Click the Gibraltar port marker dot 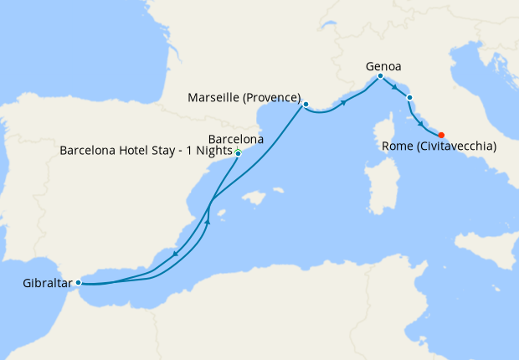pyautogui.click(x=79, y=282)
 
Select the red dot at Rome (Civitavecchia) pyautogui.click(x=441, y=135)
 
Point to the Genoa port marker pyautogui.click(x=381, y=76)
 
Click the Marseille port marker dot pyautogui.click(x=306, y=105)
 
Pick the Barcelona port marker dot pyautogui.click(x=239, y=153)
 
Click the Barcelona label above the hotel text pyautogui.click(x=236, y=139)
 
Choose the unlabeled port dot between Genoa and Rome pyautogui.click(x=409, y=98)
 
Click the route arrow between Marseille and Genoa pyautogui.click(x=343, y=102)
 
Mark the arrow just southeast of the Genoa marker pyautogui.click(x=394, y=86)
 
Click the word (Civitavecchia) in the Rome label pyautogui.click(x=455, y=147)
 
